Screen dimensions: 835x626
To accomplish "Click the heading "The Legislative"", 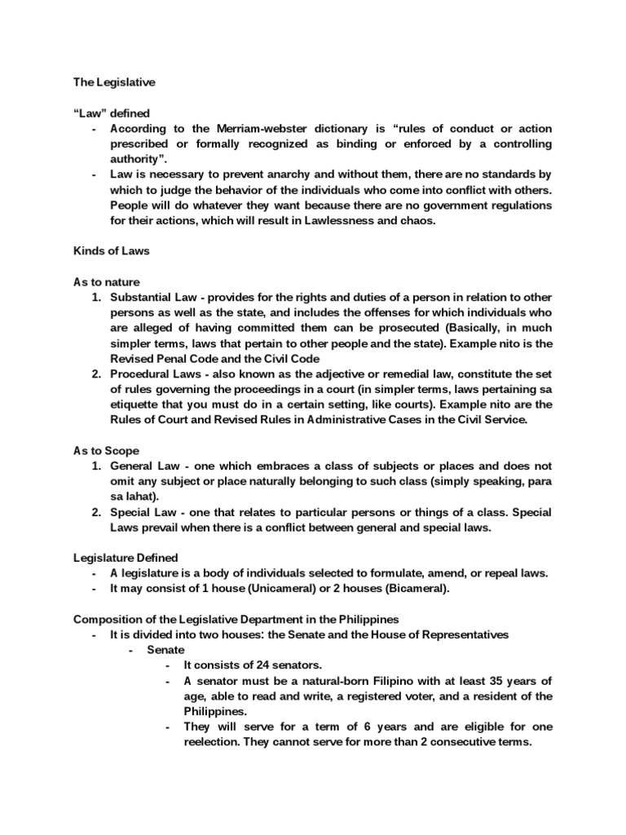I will pyautogui.click(x=114, y=82).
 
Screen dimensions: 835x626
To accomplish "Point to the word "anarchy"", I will pyautogui.click(x=273, y=175).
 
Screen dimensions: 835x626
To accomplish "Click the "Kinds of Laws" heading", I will pyautogui.click(x=112, y=251).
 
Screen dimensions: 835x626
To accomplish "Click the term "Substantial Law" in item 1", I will pyautogui.click(x=152, y=297).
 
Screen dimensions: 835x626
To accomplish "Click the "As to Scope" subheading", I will pyautogui.click(x=107, y=450).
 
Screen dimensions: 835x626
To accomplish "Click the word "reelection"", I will pyautogui.click(x=214, y=742).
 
